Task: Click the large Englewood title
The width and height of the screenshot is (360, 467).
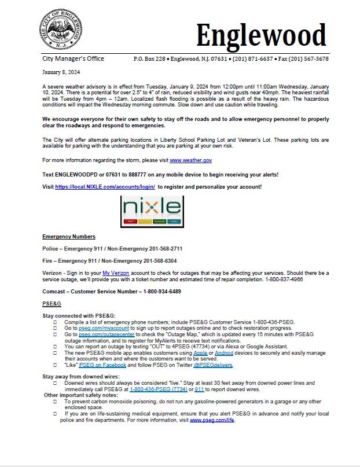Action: [261, 35]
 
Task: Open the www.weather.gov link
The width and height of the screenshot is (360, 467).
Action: [190, 159]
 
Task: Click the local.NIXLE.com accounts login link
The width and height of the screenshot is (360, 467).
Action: [105, 187]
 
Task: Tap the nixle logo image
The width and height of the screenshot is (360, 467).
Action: [152, 210]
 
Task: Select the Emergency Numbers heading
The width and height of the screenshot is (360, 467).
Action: [69, 236]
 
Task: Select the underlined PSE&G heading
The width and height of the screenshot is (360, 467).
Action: [52, 303]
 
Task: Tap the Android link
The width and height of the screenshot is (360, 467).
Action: [224, 352]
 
